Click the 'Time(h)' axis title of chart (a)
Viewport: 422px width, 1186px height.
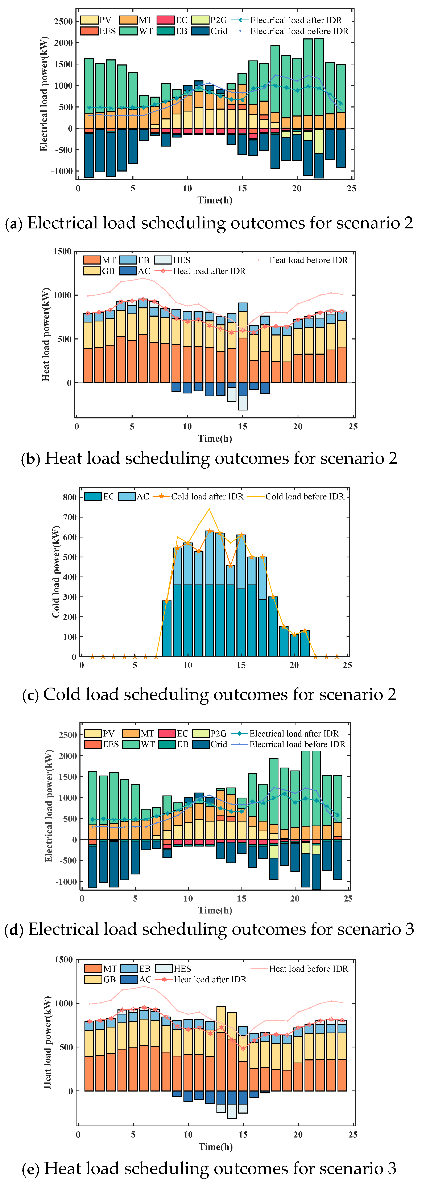(215, 200)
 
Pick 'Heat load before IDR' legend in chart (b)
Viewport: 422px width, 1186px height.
(308, 260)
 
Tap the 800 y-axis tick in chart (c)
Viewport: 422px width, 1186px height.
(70, 497)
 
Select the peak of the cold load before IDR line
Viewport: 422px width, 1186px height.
(209, 509)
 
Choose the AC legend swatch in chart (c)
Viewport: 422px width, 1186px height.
(127, 496)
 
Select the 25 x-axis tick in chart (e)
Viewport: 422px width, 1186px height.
(353, 1134)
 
